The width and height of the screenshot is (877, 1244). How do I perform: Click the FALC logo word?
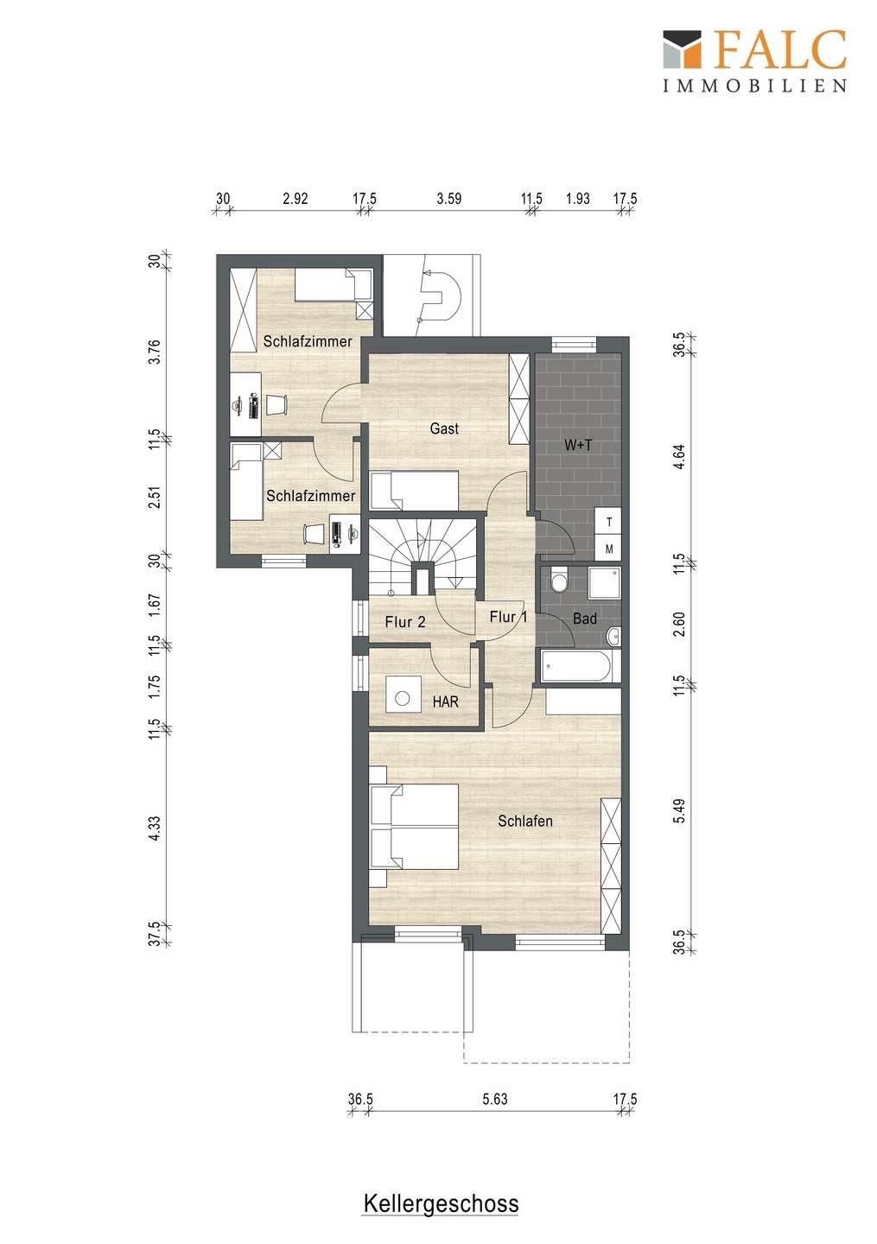pyautogui.click(x=781, y=49)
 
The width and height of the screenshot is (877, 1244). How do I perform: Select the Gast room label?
pyautogui.click(x=444, y=428)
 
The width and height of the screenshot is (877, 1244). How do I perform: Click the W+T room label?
pyautogui.click(x=578, y=445)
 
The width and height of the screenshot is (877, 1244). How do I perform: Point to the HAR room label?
pyautogui.click(x=446, y=702)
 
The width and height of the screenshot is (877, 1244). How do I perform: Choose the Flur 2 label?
pyautogui.click(x=405, y=622)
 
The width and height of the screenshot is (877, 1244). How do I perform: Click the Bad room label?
pyautogui.click(x=585, y=619)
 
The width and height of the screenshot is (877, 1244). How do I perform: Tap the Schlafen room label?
pyautogui.click(x=525, y=821)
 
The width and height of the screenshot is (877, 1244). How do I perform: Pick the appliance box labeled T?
pyautogui.click(x=608, y=522)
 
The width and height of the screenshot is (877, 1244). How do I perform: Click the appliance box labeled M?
pyautogui.click(x=608, y=549)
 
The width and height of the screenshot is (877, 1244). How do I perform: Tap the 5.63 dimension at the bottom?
pyautogui.click(x=495, y=1099)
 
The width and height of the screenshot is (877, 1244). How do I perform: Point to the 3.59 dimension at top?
pyautogui.click(x=448, y=199)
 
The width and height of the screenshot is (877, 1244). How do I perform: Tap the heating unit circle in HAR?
pyautogui.click(x=403, y=697)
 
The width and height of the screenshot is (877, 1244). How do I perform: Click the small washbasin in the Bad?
pyautogui.click(x=613, y=636)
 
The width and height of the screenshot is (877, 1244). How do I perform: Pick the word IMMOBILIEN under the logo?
pyautogui.click(x=755, y=85)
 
